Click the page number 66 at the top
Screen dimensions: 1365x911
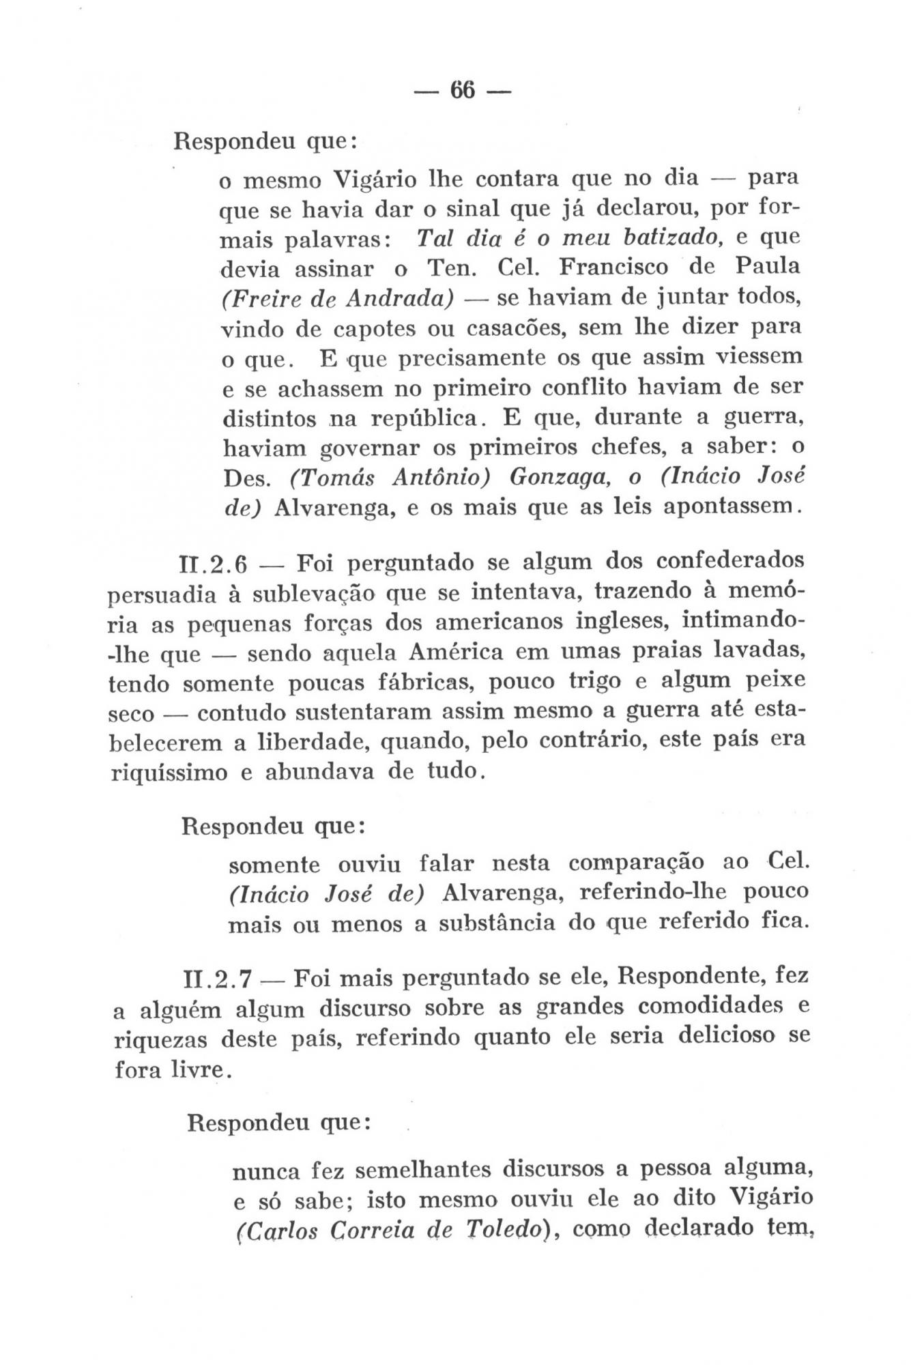[462, 89]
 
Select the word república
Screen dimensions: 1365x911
[417, 418]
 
